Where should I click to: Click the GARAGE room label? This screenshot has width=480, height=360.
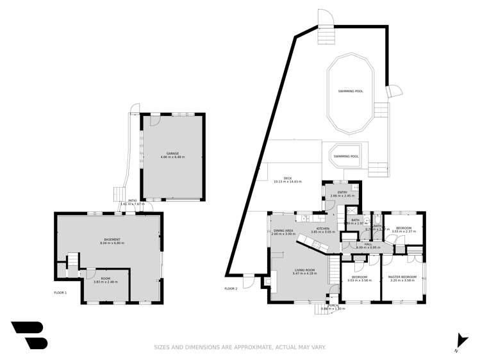172,154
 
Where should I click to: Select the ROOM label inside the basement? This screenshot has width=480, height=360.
105,279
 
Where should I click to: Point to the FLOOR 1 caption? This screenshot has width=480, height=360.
60,292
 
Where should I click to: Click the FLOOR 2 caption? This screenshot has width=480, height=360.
231,289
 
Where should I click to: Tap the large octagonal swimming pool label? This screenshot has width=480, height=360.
351,91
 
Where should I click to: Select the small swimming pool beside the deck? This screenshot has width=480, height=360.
346,156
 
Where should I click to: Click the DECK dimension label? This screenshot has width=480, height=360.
283,180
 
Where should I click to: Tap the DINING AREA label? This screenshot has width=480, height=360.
283,231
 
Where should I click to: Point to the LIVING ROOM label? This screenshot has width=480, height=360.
304,270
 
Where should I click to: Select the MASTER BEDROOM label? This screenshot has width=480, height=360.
402,277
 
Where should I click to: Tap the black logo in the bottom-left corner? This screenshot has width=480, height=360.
29,335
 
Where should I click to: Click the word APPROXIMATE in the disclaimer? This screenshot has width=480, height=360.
250,347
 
